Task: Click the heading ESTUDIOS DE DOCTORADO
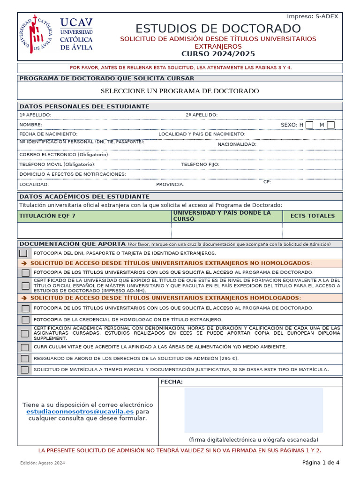coord(218,28)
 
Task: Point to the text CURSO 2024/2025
coord(218,54)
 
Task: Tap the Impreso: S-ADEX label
coord(312,16)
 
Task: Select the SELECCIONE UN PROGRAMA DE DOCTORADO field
coord(180,91)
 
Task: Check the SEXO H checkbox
coord(309,125)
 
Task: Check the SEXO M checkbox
coord(330,125)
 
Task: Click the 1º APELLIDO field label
coord(35,115)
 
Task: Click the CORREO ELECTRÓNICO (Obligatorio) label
coord(64,154)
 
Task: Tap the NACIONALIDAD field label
coord(237,144)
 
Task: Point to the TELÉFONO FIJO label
coord(200,165)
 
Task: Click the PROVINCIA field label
coord(170,184)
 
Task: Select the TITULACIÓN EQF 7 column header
coord(47,216)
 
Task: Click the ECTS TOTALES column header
coord(312,216)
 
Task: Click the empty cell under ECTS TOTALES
coord(312,230)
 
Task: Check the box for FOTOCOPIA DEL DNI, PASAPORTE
coord(23,253)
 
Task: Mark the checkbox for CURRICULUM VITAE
coord(25,347)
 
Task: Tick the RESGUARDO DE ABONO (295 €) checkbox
coord(25,359)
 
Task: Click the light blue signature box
coord(253,410)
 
